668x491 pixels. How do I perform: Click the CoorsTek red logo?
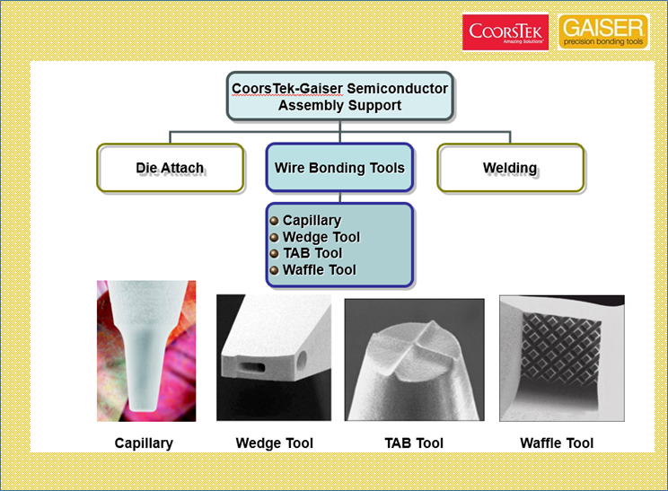pos(505,32)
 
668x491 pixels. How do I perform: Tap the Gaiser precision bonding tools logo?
pos(603,31)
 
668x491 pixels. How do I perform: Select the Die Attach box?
pos(171,168)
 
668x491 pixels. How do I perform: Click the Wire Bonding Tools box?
pos(339,167)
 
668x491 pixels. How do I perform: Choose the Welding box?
pos(510,168)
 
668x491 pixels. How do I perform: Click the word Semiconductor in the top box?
pos(397,88)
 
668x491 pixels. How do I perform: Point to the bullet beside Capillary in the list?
pos(275,221)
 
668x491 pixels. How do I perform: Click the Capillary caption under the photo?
pos(144,443)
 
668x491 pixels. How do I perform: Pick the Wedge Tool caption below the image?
pos(275,443)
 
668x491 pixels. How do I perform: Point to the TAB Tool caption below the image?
pos(414,443)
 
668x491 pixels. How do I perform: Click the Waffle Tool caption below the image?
pos(557,443)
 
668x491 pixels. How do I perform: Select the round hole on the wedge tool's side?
pos(301,361)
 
